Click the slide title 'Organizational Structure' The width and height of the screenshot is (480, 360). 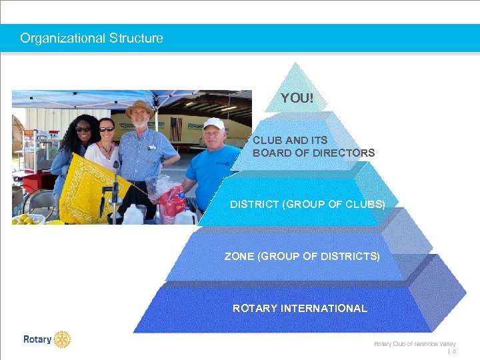click(91, 38)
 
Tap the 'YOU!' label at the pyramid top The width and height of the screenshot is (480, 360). click(297, 98)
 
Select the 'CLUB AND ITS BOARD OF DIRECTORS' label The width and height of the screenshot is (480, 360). click(313, 147)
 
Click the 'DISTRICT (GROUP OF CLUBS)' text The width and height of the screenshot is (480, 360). click(307, 204)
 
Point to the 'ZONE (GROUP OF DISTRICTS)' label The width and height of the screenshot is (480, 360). click(302, 256)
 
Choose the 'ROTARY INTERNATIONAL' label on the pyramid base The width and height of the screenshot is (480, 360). click(299, 308)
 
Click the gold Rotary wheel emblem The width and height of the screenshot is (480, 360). click(62, 339)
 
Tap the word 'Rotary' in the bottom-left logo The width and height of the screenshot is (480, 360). click(37, 339)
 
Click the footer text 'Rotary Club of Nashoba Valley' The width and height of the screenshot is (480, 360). click(414, 343)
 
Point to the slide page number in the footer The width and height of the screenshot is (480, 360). click(454, 351)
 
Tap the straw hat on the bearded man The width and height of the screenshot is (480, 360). click(139, 107)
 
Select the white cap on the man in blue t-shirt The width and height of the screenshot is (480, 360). click(213, 123)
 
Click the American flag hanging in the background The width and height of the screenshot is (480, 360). click(175, 128)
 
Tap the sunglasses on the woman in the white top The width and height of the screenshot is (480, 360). click(107, 129)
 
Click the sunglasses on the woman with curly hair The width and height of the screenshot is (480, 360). click(84, 129)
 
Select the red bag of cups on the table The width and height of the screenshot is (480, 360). click(172, 200)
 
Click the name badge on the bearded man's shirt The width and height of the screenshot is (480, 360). click(152, 147)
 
